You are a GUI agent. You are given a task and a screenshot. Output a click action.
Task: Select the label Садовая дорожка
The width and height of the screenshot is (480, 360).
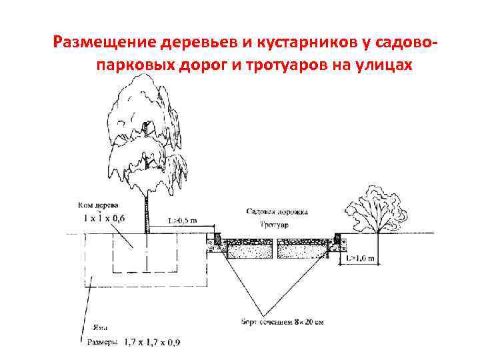pyautogui.click(x=276, y=212)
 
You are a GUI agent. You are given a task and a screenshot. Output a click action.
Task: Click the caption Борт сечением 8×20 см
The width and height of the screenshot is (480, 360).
pyautogui.click(x=283, y=322)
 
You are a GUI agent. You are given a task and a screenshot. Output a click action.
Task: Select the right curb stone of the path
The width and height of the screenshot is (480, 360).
pyautogui.click(x=336, y=239)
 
